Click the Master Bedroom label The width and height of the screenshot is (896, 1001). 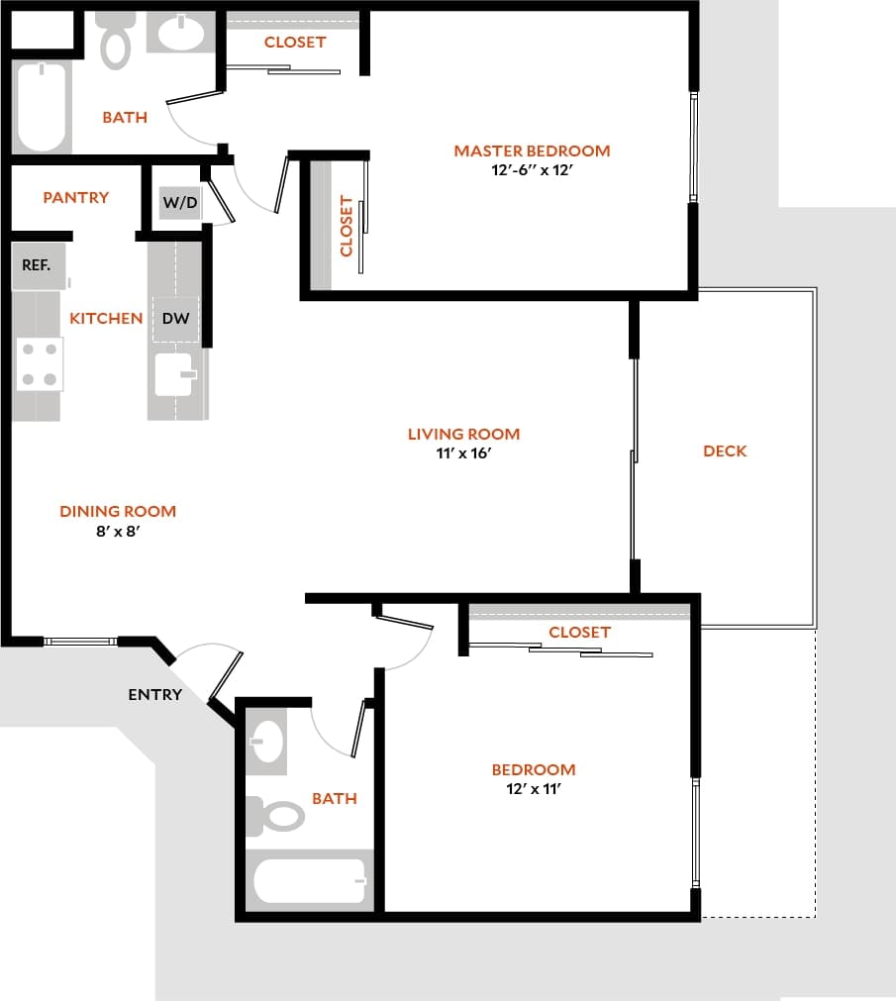click(532, 150)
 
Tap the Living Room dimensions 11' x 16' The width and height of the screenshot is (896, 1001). click(463, 453)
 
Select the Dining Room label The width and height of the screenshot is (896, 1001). click(118, 511)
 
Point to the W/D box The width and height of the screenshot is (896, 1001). click(180, 203)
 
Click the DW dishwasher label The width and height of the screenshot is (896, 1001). click(175, 319)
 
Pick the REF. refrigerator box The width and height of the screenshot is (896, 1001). click(37, 266)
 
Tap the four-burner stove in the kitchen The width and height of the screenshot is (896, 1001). click(39, 363)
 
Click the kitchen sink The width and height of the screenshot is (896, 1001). click(174, 374)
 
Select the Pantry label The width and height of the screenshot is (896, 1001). click(76, 197)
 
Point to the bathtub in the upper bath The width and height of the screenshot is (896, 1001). click(42, 107)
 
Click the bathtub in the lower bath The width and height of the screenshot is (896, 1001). click(309, 880)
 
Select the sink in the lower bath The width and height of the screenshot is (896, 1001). click(266, 738)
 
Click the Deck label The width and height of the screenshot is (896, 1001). click(725, 450)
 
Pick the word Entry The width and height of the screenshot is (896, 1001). click(155, 694)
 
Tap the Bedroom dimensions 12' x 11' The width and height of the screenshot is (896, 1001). click(534, 789)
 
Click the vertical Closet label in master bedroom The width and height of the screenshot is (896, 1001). click(347, 226)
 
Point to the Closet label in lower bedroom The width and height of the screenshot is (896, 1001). click(580, 632)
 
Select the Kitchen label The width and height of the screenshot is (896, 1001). click(106, 318)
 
